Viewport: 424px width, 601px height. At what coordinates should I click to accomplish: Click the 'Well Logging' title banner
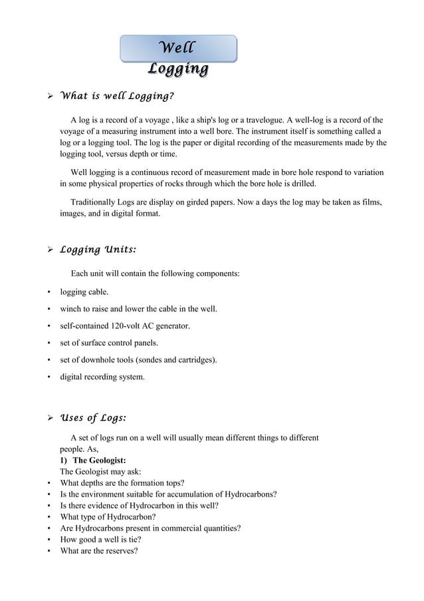(x=178, y=58)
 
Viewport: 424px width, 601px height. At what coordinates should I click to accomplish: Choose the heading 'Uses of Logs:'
(x=93, y=418)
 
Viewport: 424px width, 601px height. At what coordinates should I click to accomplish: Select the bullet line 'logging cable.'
(x=84, y=292)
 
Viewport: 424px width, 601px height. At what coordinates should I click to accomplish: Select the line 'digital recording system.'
(x=102, y=377)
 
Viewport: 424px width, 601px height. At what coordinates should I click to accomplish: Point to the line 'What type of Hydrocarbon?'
(x=108, y=517)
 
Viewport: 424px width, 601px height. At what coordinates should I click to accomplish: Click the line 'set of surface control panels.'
(x=109, y=343)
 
